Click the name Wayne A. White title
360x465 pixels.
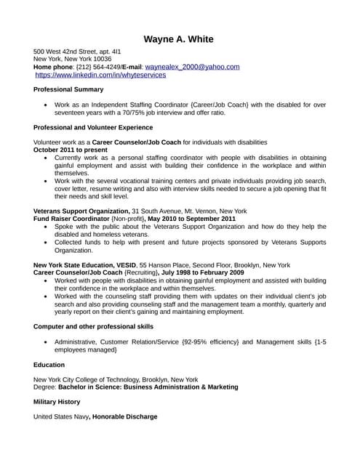(x=179, y=39)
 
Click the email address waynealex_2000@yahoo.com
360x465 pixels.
(x=192, y=67)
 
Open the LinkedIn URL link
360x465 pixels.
(x=100, y=75)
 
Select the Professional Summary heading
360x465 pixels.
(x=68, y=89)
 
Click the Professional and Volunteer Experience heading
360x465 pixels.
(x=93, y=127)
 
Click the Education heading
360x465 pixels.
(x=49, y=365)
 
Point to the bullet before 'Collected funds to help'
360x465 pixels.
(x=47, y=243)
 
